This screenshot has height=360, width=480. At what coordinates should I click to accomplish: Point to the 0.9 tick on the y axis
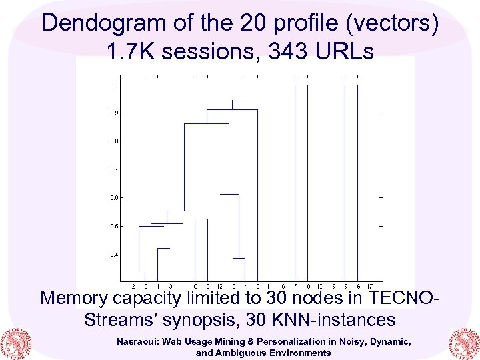click(115, 113)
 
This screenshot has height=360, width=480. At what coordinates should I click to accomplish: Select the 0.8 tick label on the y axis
click(115, 141)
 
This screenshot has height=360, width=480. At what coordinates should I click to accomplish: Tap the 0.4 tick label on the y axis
click(115, 255)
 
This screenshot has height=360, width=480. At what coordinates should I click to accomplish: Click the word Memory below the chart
click(75, 297)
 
